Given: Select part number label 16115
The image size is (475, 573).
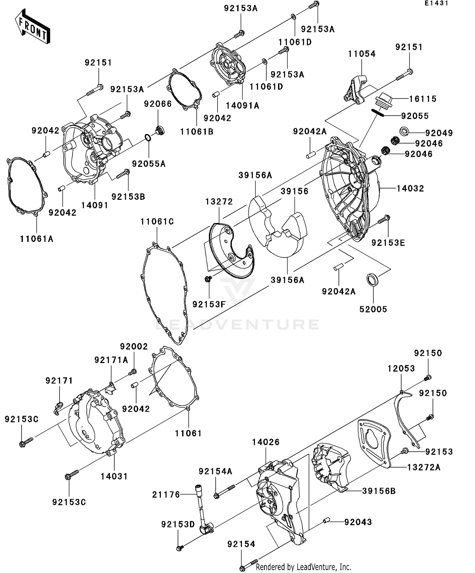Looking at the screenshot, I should (423, 99).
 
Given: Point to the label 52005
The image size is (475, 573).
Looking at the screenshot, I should (373, 309).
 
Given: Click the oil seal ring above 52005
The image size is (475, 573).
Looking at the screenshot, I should (373, 280).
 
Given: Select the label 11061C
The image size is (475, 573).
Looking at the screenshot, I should (157, 222).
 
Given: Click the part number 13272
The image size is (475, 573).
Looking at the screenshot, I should (219, 201).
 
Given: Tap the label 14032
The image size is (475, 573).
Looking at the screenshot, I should (410, 188).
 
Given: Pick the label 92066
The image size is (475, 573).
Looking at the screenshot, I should (158, 104).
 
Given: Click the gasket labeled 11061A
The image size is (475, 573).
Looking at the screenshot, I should (26, 187).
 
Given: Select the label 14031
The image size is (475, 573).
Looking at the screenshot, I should (114, 476).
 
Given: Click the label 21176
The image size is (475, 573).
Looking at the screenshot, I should (166, 494).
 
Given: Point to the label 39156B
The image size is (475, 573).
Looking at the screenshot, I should (379, 491).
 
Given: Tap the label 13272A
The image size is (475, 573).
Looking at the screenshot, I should (423, 467).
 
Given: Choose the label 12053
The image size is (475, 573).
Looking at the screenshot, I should (401, 368).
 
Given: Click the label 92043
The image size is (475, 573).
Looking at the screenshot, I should (358, 522).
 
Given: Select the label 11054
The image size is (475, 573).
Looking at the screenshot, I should (362, 54).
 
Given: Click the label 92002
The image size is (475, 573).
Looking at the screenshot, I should (134, 347).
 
